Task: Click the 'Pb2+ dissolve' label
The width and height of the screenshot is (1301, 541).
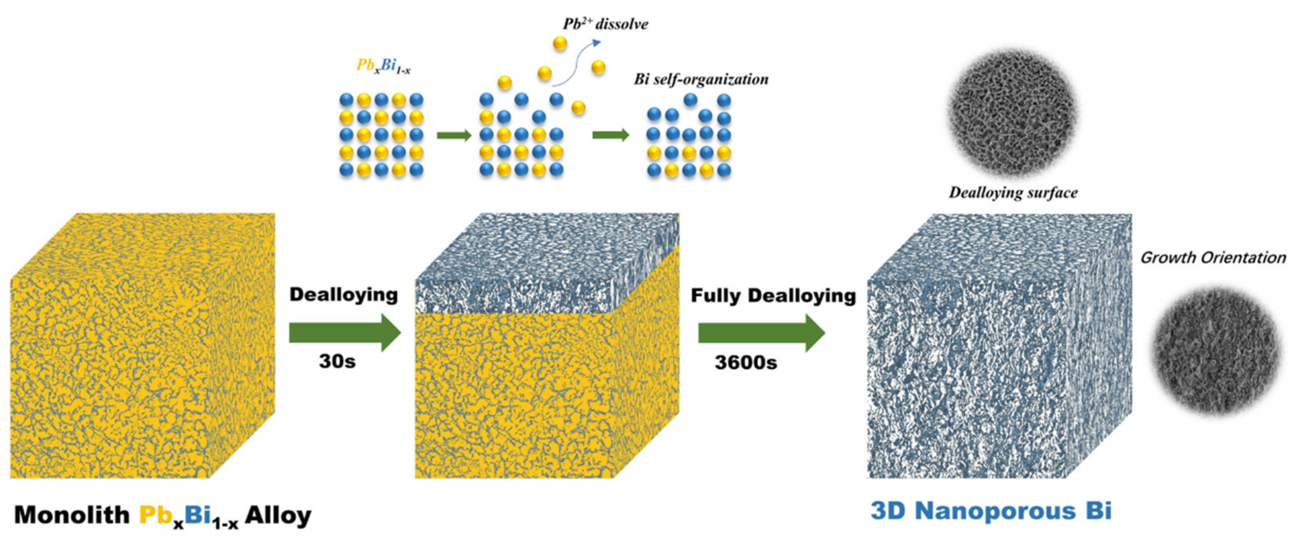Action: click(x=605, y=24)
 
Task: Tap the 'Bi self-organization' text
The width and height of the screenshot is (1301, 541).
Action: click(x=701, y=79)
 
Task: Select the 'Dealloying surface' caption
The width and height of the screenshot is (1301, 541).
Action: click(x=1013, y=192)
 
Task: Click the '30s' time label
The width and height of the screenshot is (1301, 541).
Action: click(x=337, y=361)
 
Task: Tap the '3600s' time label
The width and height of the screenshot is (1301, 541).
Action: click(x=745, y=362)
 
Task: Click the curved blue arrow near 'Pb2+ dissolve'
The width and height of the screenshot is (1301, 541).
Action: click(x=576, y=63)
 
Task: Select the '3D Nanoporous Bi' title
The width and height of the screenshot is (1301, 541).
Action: click(x=991, y=511)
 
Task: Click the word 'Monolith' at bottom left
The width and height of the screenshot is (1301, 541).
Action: click(x=72, y=515)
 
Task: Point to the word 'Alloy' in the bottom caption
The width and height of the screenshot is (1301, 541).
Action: click(x=278, y=515)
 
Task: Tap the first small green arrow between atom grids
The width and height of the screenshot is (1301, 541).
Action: click(x=453, y=135)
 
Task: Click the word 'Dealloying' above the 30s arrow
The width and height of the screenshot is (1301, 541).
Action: click(x=344, y=294)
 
